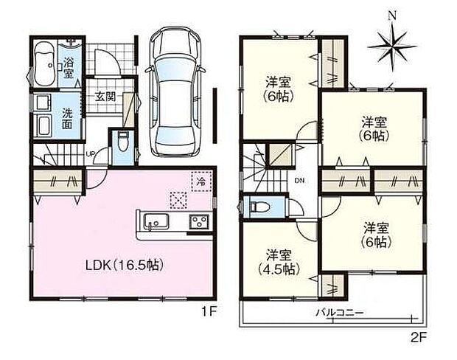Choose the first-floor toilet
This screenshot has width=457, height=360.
click(x=123, y=142)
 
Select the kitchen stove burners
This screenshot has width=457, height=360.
click(x=200, y=221)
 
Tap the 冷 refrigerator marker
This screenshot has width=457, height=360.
click(x=200, y=180)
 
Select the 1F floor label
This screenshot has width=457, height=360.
click(x=209, y=311)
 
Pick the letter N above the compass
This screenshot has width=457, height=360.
click(x=392, y=15)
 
